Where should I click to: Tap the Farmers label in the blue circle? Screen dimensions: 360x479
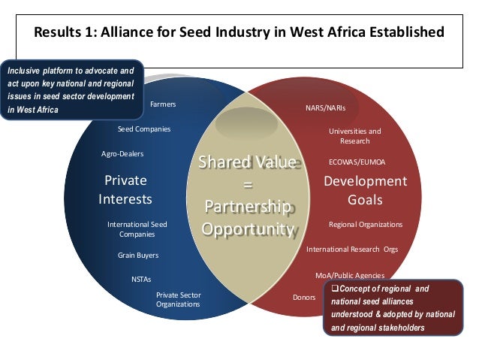163,104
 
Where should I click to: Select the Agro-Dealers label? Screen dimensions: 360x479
122,154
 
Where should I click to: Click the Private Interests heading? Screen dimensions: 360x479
125,190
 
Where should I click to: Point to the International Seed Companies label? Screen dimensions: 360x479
137,229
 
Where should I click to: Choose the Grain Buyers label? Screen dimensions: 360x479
138,256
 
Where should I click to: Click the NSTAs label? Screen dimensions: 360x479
141,279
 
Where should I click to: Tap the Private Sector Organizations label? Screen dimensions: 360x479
178,300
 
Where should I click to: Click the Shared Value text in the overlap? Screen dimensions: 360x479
246,163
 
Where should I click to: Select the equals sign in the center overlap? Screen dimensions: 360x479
247,185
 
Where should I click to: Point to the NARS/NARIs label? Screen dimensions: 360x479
325,108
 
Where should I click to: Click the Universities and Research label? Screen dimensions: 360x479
354,136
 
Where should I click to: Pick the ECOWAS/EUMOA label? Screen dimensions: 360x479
357,162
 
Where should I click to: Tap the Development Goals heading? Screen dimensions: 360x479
365,190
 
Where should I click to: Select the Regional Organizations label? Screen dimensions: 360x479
366,225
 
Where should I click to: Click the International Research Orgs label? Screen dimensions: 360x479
352,249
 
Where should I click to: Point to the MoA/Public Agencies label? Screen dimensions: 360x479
350,276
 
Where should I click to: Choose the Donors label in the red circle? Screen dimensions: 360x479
303,298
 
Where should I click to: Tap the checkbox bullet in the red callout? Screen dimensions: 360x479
335,289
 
